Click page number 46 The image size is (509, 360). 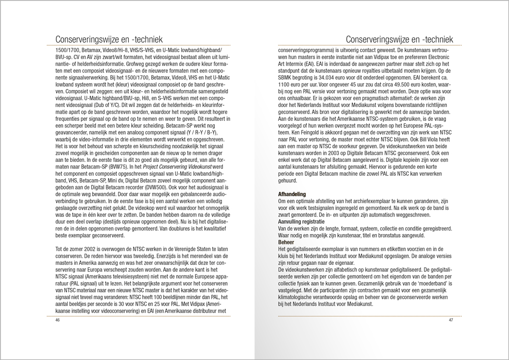click(x=58, y=320)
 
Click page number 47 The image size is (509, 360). click(x=451, y=320)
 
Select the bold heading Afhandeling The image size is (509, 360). click(x=293, y=194)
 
